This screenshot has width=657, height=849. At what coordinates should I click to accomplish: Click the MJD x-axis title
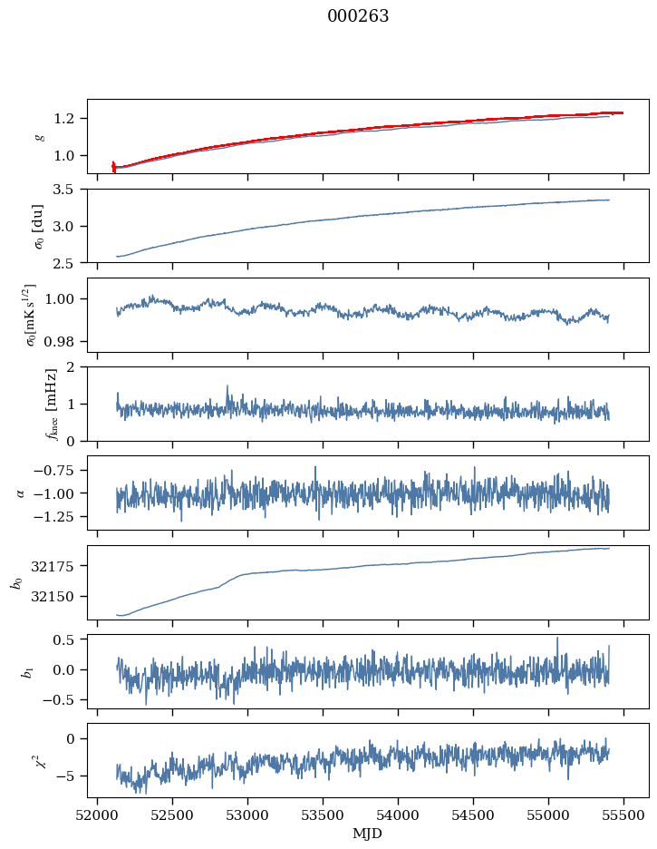(367, 834)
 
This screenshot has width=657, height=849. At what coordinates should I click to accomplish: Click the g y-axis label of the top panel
(39, 136)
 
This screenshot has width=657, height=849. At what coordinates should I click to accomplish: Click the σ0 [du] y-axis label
(39, 225)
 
